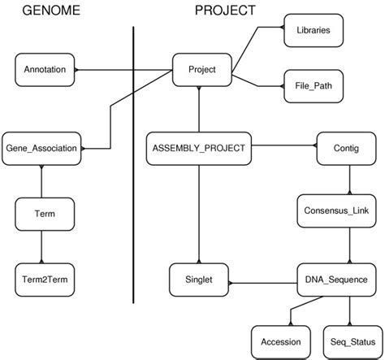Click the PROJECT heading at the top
tap(223, 11)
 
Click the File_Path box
tap(312, 84)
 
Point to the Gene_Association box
tap(41, 149)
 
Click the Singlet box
tap(200, 278)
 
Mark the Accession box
tap(280, 341)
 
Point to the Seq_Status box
tap(349, 341)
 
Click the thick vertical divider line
tap(132, 163)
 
